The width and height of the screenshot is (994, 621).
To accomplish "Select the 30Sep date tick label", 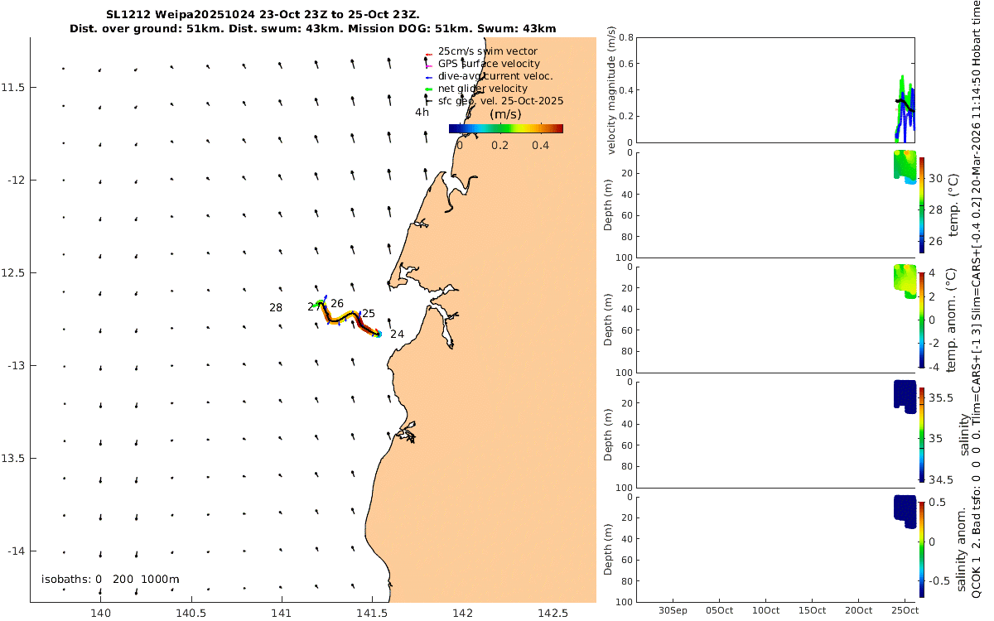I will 672,611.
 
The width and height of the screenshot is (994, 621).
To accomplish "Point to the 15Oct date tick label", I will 812,611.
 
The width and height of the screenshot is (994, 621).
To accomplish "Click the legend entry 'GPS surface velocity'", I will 489,64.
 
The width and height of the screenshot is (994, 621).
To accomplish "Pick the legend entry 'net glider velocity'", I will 482,89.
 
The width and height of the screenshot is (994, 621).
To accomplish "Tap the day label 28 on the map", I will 276,308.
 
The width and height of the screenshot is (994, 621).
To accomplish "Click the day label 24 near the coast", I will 397,335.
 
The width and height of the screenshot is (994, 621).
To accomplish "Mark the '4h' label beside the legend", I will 422,113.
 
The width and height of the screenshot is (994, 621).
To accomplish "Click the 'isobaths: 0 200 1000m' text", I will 110,579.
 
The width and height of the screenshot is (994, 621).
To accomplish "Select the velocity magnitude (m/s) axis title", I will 611,90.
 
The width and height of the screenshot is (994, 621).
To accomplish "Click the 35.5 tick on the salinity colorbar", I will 942,398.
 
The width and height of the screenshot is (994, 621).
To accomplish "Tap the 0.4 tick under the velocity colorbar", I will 540,145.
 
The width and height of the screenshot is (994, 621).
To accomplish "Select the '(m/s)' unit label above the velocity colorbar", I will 505,114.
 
